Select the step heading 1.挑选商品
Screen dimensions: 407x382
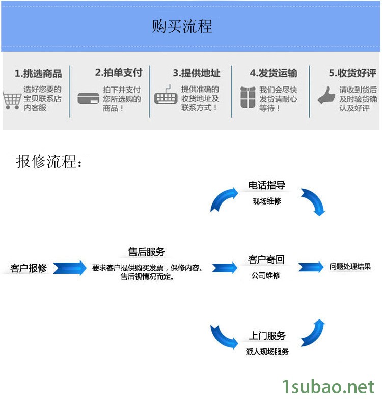click(x=38, y=74)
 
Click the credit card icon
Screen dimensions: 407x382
click(x=88, y=98)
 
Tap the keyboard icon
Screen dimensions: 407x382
click(x=166, y=98)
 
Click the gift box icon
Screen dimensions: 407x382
click(x=248, y=97)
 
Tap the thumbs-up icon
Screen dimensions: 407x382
click(x=326, y=96)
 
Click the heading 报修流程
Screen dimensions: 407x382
click(x=49, y=162)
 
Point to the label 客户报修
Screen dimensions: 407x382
click(x=29, y=268)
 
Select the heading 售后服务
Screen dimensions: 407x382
click(x=147, y=252)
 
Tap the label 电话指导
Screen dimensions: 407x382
click(x=266, y=185)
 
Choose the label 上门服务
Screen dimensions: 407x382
click(x=267, y=336)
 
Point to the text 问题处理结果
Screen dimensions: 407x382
click(x=350, y=266)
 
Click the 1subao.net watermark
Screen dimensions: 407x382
click(x=329, y=388)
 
